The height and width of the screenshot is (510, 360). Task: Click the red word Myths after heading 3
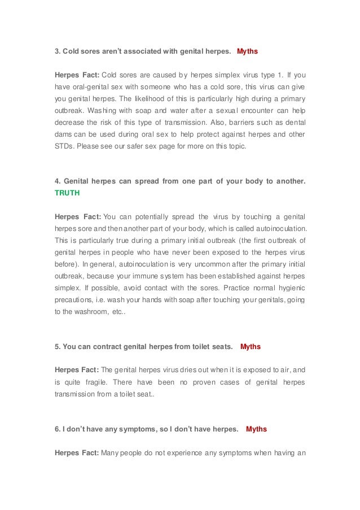tap(247, 51)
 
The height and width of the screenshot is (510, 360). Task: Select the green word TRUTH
tap(67, 193)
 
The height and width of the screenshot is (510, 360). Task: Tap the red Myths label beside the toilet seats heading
tap(251, 346)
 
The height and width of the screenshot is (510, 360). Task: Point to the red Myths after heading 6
tap(256, 429)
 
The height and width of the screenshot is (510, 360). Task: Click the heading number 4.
tap(57, 181)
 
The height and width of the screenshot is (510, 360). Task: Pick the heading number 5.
tap(57, 346)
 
